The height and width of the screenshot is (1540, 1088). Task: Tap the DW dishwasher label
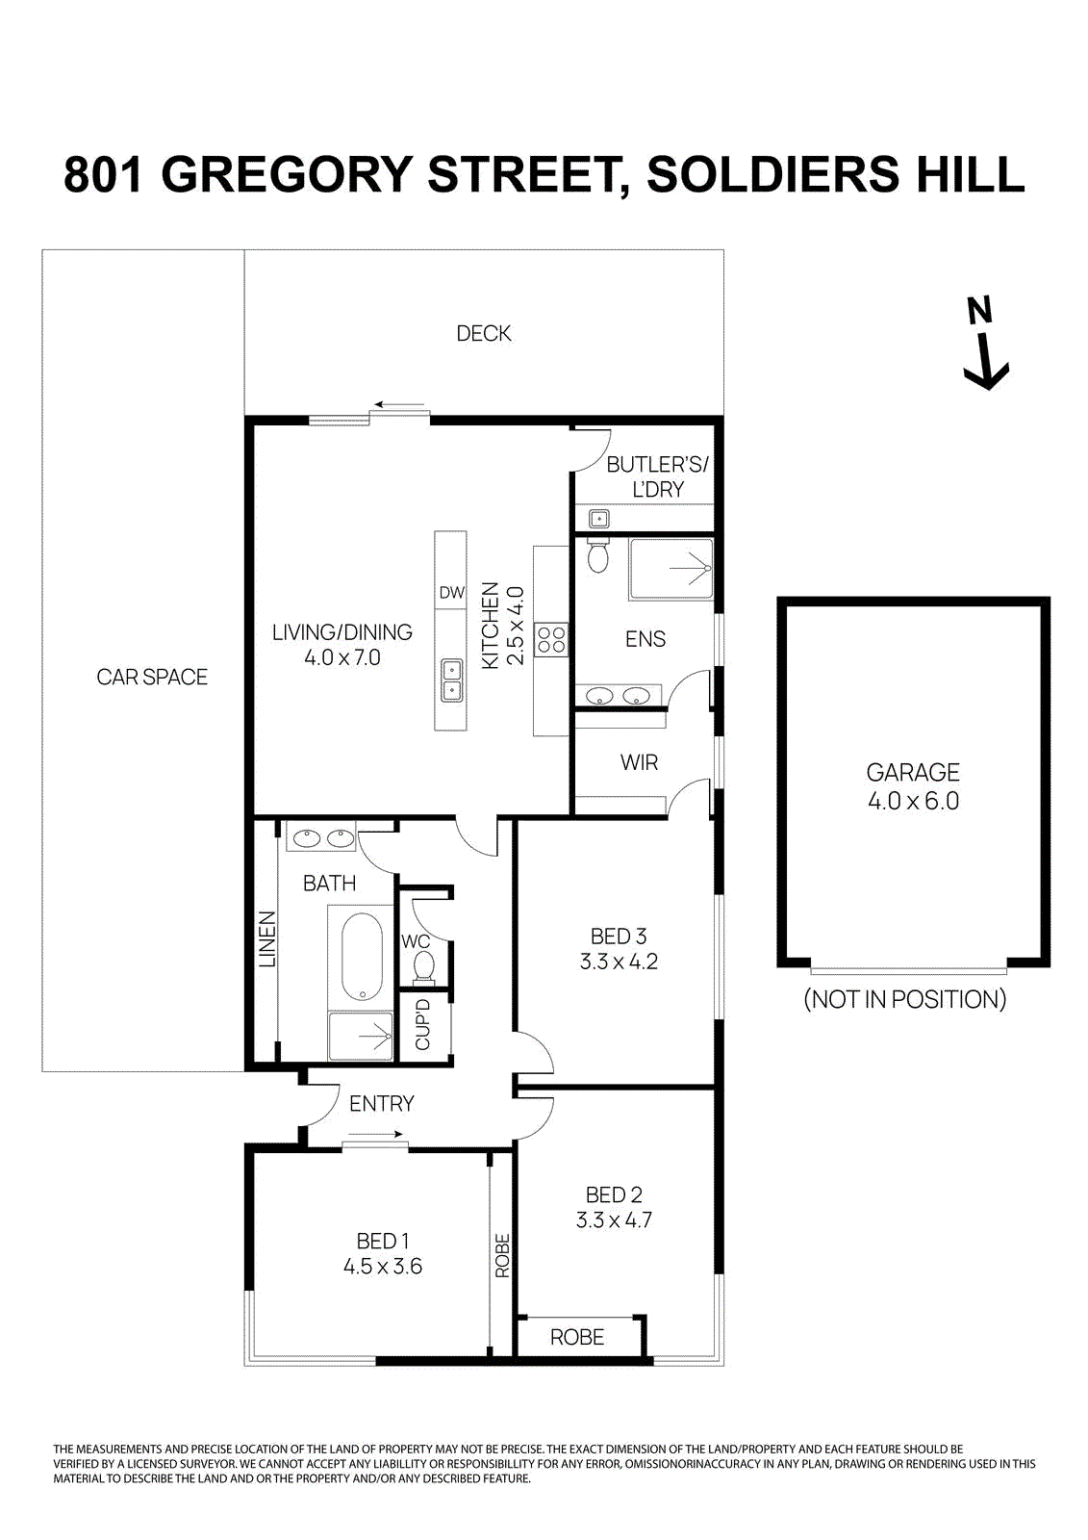click(451, 593)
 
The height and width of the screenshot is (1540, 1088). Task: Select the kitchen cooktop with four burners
click(552, 640)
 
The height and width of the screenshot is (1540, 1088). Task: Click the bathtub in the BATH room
click(362, 957)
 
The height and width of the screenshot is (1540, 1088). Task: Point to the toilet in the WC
click(424, 964)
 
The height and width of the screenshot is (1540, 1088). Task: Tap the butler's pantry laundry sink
click(599, 519)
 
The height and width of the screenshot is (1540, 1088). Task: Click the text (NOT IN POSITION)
click(904, 999)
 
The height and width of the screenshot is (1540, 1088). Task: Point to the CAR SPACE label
click(152, 677)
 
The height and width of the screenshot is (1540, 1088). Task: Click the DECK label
click(483, 333)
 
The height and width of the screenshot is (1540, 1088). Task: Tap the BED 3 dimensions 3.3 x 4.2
click(619, 962)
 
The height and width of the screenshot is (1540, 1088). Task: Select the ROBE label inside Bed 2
click(577, 1337)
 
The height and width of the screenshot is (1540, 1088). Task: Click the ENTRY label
click(381, 1104)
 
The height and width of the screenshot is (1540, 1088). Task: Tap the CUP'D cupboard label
click(423, 1025)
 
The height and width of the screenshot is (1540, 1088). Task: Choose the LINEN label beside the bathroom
click(267, 938)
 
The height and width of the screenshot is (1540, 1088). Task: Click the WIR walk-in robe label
click(639, 762)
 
